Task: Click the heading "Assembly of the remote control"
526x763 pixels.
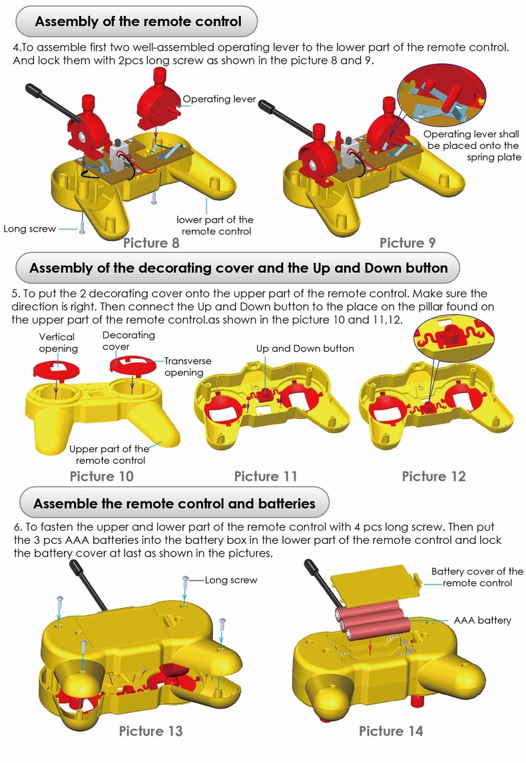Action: click(138, 21)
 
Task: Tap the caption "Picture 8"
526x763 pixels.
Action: click(151, 242)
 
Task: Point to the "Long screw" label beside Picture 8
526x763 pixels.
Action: click(30, 229)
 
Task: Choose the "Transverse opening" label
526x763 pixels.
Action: click(188, 366)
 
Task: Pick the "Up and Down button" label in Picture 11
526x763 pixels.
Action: click(305, 349)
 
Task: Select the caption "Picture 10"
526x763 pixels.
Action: click(102, 476)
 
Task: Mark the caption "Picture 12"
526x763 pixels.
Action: click(433, 476)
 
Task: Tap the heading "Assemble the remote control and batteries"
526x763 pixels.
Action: click(174, 503)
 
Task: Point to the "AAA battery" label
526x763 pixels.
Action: click(482, 620)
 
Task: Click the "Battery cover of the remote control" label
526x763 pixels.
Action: click(477, 577)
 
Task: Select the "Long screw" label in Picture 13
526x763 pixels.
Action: click(230, 580)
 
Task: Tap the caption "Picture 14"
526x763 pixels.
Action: click(391, 731)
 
